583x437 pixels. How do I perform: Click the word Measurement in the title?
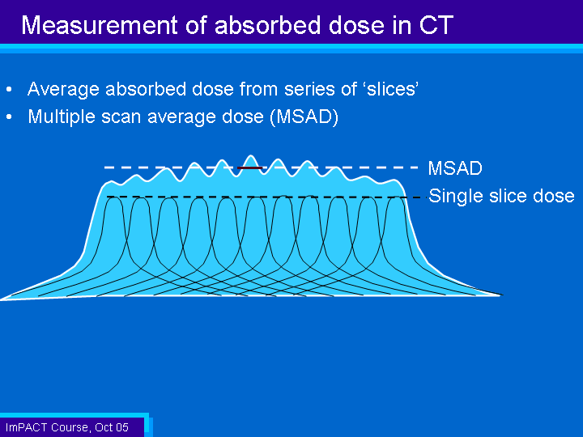pyautogui.click(x=100, y=25)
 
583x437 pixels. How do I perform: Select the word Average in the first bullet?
pyautogui.click(x=63, y=89)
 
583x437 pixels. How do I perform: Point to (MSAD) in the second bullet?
pyautogui.click(x=304, y=117)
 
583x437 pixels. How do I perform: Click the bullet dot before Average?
pyautogui.click(x=9, y=90)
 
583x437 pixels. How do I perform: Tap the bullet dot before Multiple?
pyautogui.click(x=9, y=117)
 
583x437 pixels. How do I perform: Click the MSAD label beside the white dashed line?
pyautogui.click(x=455, y=168)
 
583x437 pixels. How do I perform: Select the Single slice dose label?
pyautogui.click(x=501, y=196)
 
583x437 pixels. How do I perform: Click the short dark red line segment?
pyautogui.click(x=250, y=168)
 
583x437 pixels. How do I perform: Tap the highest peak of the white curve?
pyautogui.click(x=251, y=155)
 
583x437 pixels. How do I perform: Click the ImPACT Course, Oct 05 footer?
pyautogui.click(x=67, y=427)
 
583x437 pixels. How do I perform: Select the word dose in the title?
pyautogui.click(x=357, y=25)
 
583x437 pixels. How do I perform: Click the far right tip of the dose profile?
pyautogui.click(x=502, y=295)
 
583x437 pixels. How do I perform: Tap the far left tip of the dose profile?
pyautogui.click(x=1, y=299)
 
